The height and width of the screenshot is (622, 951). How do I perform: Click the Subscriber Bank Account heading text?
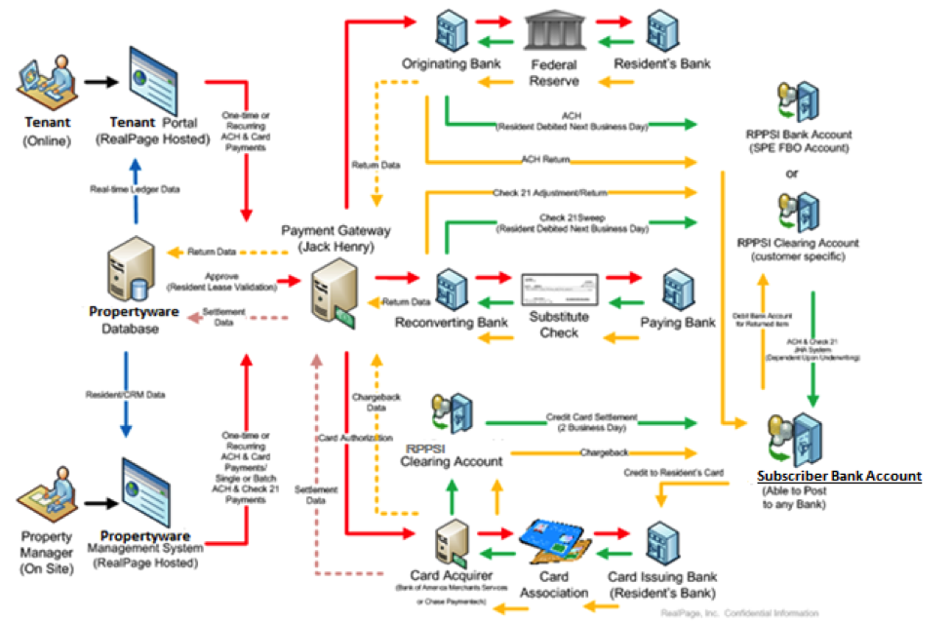click(839, 476)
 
